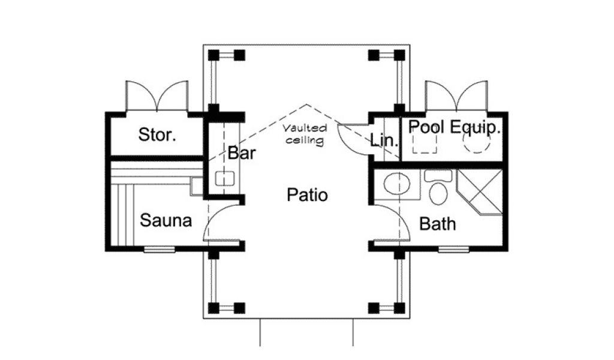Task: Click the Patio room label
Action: pos(307,195)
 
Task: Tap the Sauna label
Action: pos(166,221)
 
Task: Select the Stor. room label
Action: pos(157,134)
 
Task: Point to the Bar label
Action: pos(242,153)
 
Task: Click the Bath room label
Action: pos(437,224)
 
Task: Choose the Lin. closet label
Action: pos(384,142)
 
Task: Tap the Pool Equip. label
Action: pos(455,127)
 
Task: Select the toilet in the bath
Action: pos(438,191)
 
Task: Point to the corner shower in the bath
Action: pos(480,190)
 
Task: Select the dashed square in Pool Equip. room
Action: pos(425,143)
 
